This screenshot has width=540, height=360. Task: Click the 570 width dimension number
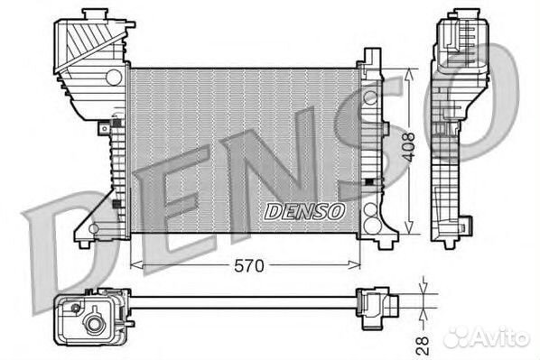[x=249, y=265]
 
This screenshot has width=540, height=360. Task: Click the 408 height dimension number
[x=409, y=147]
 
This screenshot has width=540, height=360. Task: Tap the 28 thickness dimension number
[x=423, y=346]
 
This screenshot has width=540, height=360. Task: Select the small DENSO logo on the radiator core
[x=304, y=211]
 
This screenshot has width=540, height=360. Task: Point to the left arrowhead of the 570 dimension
[x=136, y=264]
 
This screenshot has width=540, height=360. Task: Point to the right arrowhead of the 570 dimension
[x=354, y=264]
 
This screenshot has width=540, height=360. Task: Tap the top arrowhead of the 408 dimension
[x=409, y=75]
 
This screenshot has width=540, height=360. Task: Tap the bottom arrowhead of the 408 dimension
[x=409, y=227]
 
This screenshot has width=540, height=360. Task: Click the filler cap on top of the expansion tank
[x=96, y=14]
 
